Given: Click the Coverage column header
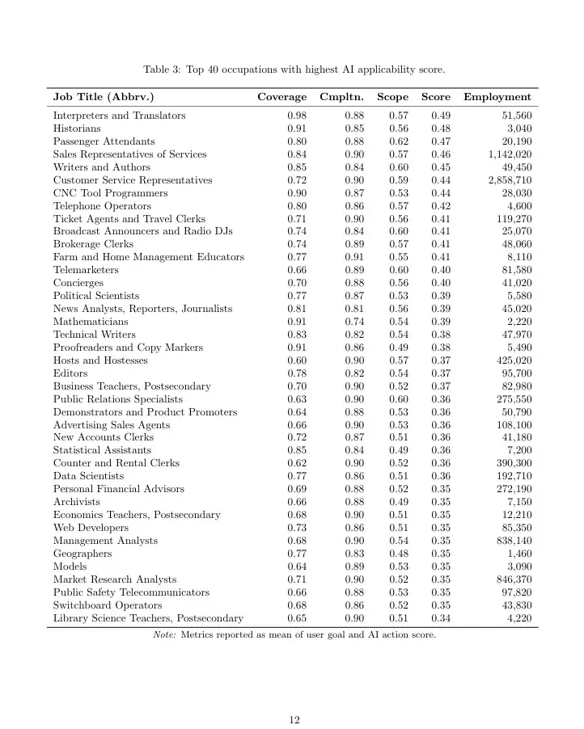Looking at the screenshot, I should (x=281, y=97).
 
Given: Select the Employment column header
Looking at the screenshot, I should (x=497, y=97).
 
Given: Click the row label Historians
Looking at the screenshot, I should (x=77, y=129).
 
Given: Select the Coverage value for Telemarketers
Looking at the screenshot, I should (x=297, y=270).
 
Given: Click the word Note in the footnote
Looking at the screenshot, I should (x=165, y=635).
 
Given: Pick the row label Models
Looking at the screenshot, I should (x=70, y=567).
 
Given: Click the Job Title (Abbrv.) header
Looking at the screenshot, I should (x=104, y=97).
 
